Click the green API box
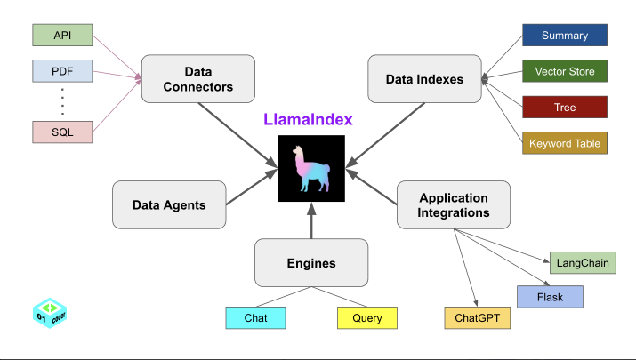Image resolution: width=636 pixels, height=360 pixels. pos(62,35)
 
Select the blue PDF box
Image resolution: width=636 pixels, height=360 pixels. pos(62,70)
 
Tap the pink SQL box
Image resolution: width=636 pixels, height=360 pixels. pos(62,132)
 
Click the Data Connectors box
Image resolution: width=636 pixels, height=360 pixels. pos(197,79)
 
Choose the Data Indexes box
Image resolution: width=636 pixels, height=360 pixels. pos(424,79)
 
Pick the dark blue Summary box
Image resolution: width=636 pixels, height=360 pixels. pos(564,36)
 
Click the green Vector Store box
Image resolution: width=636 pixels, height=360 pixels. pos(564,71)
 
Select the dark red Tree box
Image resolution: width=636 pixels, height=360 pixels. pos(564,108)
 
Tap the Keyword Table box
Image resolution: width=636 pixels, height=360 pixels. pos(564,143)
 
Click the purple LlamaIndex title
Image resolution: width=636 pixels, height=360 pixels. pos(308,119)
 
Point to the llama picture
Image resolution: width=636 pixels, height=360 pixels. pos(310,169)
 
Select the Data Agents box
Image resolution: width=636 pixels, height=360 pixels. pos(169,204)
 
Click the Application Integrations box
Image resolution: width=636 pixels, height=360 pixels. pos(454,205)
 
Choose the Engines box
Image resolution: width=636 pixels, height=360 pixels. pos(311,263)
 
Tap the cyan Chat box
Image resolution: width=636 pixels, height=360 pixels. pos(255,317)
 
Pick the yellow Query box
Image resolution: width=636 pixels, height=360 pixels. pos(366,317)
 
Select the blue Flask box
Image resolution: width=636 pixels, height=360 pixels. pos(550,297)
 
